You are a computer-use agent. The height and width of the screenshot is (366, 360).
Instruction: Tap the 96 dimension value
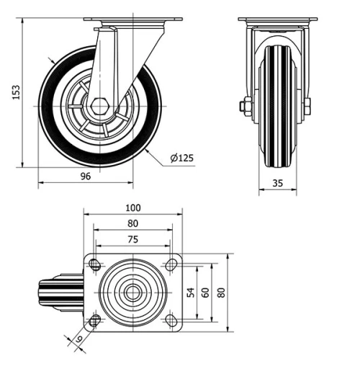point(85,175)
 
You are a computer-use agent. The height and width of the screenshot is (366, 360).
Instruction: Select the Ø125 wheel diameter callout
point(183,158)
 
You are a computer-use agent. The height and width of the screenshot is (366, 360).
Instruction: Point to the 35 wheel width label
point(277,183)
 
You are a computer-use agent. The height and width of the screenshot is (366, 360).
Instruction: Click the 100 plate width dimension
point(132,208)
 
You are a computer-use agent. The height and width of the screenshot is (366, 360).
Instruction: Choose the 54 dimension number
point(191,293)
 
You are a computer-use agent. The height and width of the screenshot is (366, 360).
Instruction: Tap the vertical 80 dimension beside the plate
point(222,293)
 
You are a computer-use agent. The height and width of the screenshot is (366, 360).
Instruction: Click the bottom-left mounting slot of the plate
point(95,320)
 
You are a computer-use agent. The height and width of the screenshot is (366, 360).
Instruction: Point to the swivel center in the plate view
point(132,293)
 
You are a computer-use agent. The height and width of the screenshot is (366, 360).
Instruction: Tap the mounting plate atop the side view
point(132,19)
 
